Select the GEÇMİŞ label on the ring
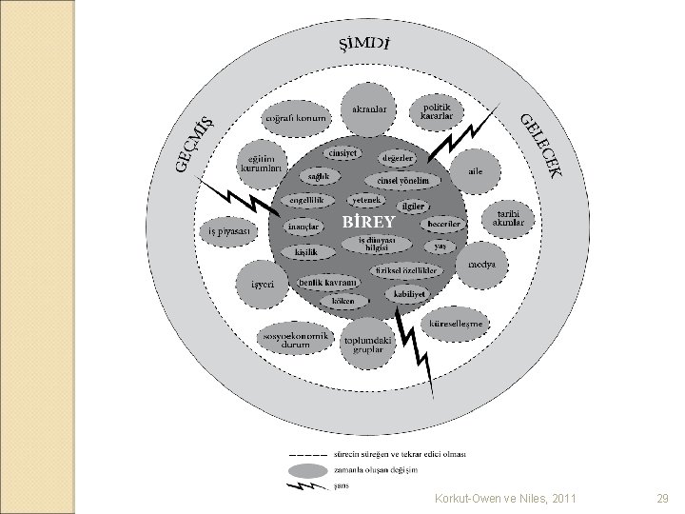(x=194, y=145)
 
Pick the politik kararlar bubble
(x=436, y=111)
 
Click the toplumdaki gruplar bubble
(x=367, y=345)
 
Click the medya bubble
(x=482, y=266)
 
